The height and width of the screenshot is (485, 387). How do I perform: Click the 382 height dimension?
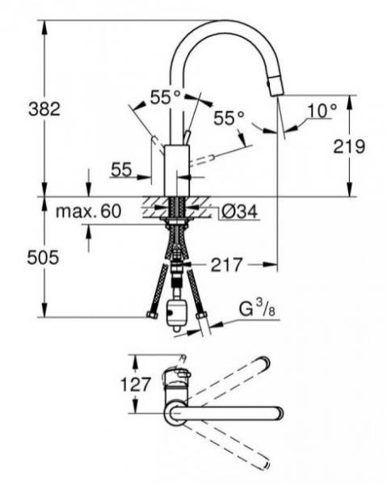coord(44,109)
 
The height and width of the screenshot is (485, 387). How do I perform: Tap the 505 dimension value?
coord(43,257)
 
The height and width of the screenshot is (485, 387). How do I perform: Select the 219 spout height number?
coord(349,146)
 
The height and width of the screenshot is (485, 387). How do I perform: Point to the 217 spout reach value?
coord(226,265)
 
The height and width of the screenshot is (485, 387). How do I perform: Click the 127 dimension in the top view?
coord(135,385)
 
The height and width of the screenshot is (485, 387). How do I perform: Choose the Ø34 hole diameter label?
coord(240,212)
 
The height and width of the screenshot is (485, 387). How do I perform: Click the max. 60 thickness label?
coord(88,211)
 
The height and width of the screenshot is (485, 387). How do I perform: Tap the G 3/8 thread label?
coord(257,310)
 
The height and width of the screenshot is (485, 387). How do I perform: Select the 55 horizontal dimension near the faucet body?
coord(121,170)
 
